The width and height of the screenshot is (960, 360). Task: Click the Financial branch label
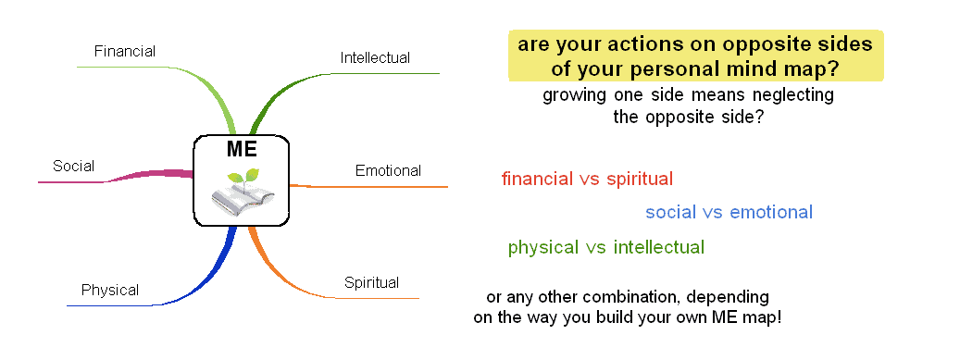(x=125, y=51)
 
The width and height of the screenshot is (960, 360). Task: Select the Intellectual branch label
(x=375, y=57)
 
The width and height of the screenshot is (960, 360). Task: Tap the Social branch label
(x=73, y=167)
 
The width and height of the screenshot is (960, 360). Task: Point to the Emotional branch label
(x=388, y=170)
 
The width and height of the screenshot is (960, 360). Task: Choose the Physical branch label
(x=110, y=290)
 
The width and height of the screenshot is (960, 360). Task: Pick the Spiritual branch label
(x=371, y=282)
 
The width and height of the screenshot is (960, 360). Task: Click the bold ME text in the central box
(x=242, y=150)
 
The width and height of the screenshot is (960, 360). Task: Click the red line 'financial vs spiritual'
(x=587, y=179)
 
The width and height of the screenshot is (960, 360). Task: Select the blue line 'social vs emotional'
(x=729, y=212)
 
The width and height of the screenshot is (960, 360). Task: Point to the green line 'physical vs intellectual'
(x=605, y=247)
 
